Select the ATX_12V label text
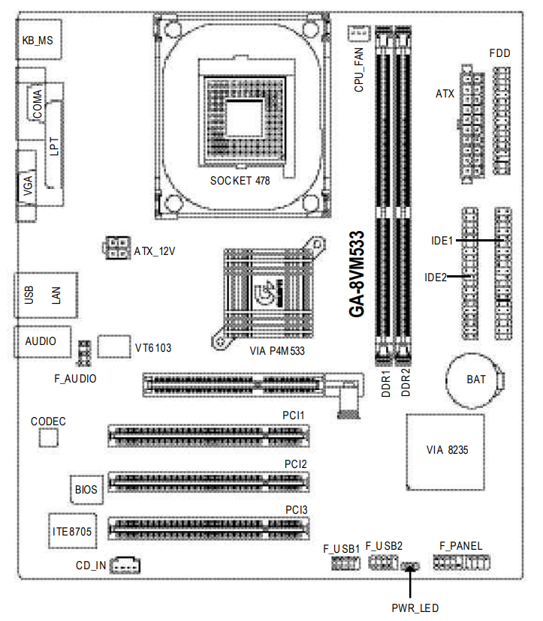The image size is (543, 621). coord(155,250)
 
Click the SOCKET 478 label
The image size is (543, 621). coord(240,180)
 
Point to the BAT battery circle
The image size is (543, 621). coord(475,379)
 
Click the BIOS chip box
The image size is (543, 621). coord(86,490)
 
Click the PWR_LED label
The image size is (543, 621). coord(415,608)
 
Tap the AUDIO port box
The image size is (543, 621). coord(41,340)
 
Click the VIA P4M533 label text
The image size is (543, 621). coord(277,350)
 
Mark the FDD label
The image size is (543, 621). coord(500,54)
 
